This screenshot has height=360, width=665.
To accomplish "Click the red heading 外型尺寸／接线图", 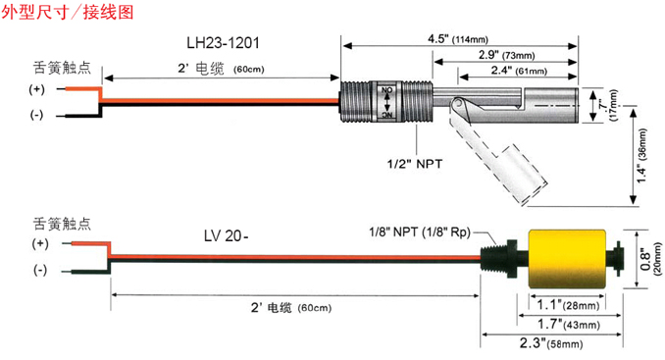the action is (68, 12).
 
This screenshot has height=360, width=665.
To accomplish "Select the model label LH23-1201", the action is (223, 43).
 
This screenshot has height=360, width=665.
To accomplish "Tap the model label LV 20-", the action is (226, 235).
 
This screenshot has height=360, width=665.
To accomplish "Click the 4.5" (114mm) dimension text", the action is (458, 39).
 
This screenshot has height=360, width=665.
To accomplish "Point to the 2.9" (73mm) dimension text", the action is (506, 55).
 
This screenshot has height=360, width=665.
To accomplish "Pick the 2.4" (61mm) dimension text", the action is (519, 71).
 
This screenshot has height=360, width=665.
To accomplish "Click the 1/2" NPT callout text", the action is (414, 164).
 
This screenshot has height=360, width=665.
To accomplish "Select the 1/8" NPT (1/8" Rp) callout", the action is (420, 231).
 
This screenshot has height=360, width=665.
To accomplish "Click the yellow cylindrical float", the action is (567, 259).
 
